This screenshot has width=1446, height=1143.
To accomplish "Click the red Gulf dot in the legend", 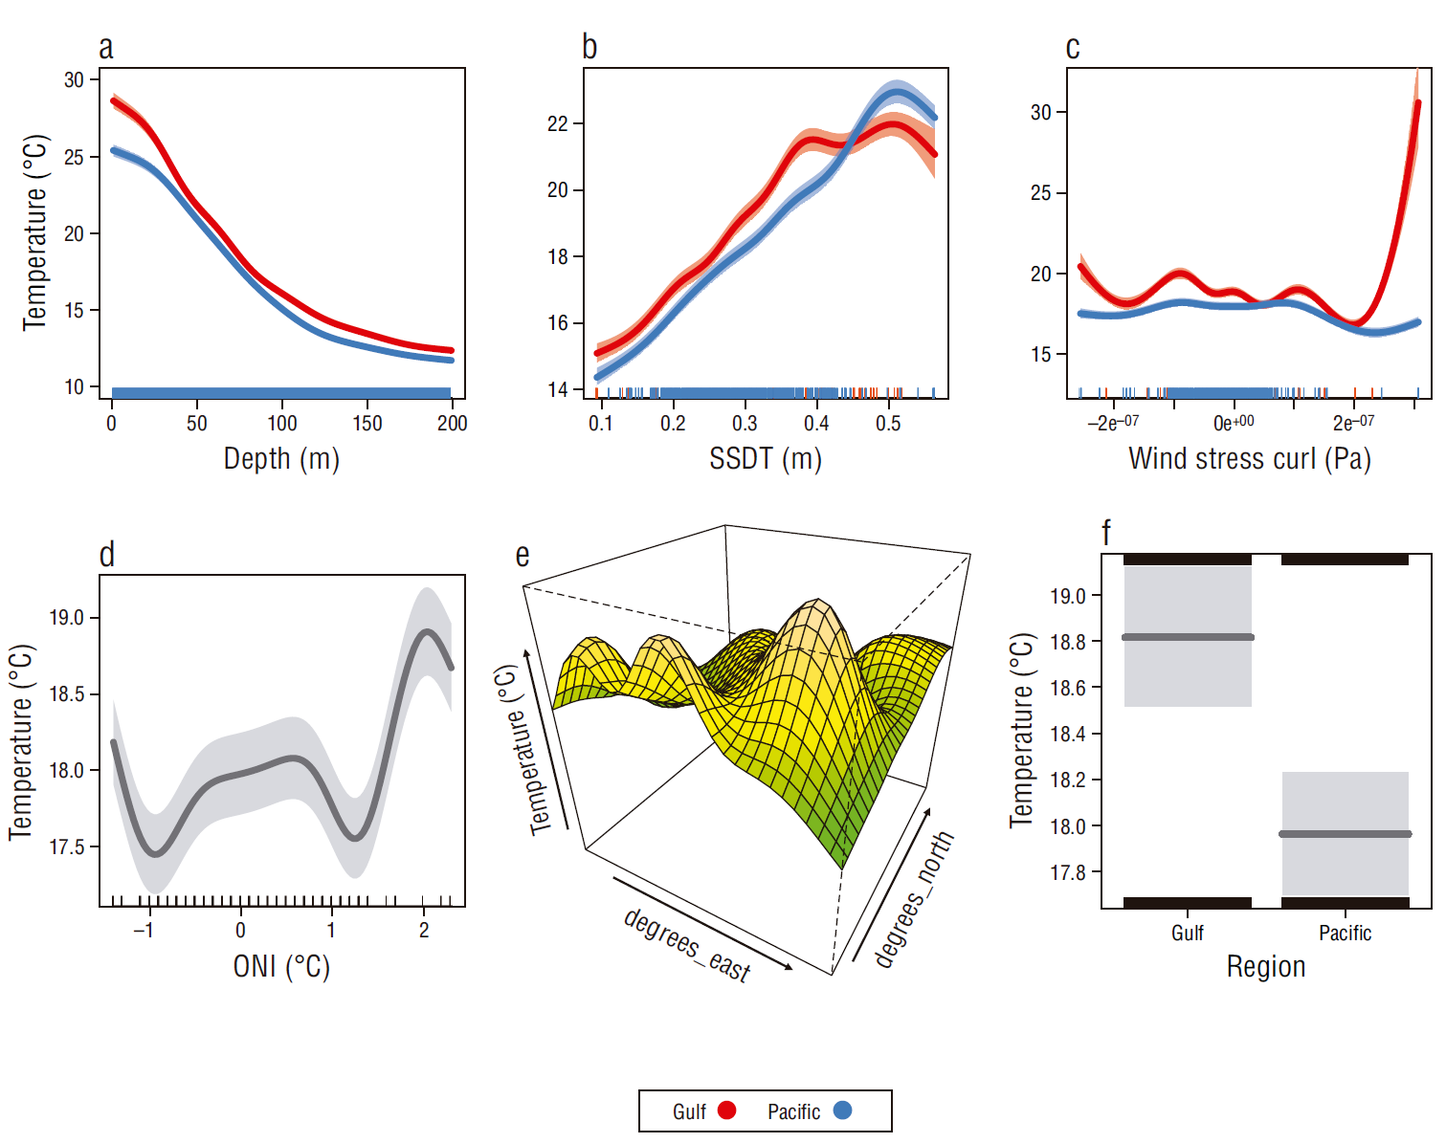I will [x=727, y=1110].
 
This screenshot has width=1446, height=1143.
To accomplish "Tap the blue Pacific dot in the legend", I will [x=842, y=1110].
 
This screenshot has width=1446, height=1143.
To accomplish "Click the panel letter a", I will [x=105, y=48].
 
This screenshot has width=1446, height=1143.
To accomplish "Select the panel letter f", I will [x=1106, y=533].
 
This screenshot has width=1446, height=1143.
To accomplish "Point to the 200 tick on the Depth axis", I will [x=452, y=423].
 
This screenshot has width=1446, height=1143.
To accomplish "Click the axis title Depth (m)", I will [x=281, y=459].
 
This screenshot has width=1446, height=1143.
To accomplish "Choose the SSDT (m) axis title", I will [x=766, y=459].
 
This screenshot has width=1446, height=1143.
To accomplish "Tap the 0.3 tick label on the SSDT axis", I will [x=745, y=423].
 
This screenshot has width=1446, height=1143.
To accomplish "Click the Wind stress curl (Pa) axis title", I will [x=1250, y=459].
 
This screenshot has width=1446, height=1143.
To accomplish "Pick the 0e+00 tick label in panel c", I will [x=1233, y=423].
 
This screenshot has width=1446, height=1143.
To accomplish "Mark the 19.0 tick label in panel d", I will [x=67, y=618].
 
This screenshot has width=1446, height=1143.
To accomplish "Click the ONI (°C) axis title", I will [x=281, y=966].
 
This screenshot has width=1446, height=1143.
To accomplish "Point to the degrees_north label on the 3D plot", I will [x=914, y=899].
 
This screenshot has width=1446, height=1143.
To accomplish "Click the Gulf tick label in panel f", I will [x=1188, y=933].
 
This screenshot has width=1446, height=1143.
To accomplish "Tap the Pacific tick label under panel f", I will [x=1345, y=933].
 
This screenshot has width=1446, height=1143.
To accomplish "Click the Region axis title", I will [x=1266, y=967].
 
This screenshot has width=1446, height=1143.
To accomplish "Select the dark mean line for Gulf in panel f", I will [x=1188, y=637].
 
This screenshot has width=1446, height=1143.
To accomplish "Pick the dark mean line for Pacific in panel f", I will [x=1345, y=834].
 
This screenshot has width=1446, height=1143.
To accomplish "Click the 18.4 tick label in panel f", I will [x=1067, y=734].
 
